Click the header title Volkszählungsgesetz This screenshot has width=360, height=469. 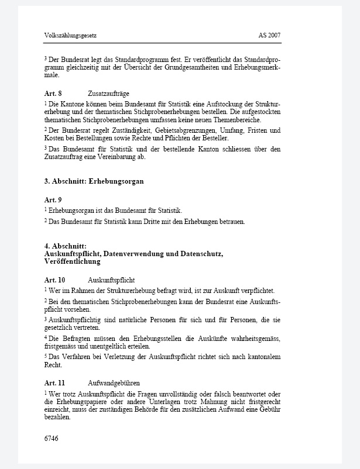pos(70,36)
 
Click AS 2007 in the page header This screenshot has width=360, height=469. pos(269,36)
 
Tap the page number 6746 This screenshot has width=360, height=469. pos(52,438)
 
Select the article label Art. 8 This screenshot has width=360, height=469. pos(53,94)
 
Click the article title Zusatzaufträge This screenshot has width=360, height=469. pos(108,94)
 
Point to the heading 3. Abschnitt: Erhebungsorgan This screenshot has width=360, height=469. pos(94,181)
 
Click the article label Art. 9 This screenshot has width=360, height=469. pos(53,200)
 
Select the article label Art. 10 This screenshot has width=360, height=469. pos(54,280)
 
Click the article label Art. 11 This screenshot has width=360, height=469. pos(54,382)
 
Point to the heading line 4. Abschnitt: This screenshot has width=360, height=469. pos(66,246)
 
